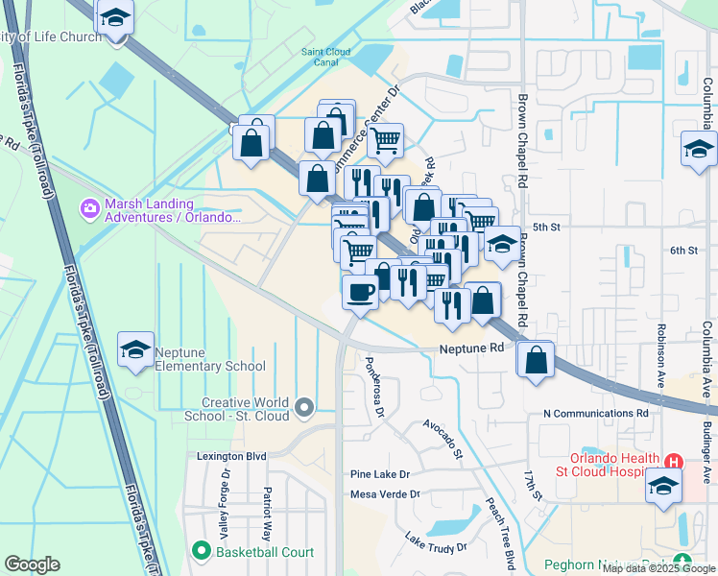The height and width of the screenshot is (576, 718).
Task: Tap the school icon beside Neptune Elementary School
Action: point(136,350)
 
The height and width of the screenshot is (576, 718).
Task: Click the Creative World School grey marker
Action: point(305,409)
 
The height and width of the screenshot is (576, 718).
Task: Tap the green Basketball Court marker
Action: point(201,551)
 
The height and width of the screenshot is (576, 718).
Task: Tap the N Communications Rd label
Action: point(595,413)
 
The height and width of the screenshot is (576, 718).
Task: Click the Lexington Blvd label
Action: point(231,457)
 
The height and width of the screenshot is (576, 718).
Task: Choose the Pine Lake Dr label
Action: point(379,474)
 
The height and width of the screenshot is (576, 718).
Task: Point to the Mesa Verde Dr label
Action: point(385,494)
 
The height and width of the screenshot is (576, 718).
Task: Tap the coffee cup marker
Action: point(360,293)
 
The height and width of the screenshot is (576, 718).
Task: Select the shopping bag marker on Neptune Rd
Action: point(537,360)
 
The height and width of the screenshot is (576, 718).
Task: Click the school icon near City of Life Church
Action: point(115,18)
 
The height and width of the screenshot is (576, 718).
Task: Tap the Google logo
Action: point(32,564)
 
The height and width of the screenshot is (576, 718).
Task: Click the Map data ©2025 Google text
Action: point(658,568)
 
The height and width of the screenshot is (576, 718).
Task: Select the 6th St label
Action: point(682,250)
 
